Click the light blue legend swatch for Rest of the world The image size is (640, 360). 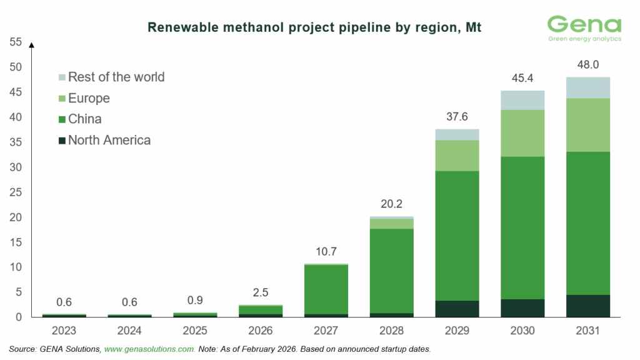pyautogui.click(x=61, y=77)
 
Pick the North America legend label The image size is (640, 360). pyautogui.click(x=109, y=140)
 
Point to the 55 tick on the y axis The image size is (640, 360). pyautogui.click(x=15, y=42)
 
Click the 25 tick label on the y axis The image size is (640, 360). pyautogui.click(x=15, y=192)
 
